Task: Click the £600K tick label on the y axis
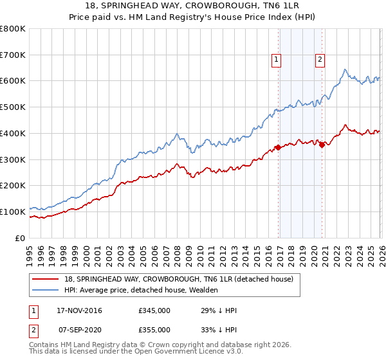(x=13, y=81)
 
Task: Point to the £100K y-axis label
(x=13, y=212)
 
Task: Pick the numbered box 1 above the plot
(x=276, y=60)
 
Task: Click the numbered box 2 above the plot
(x=320, y=60)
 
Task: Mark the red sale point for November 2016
(x=278, y=147)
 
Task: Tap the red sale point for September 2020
(x=322, y=145)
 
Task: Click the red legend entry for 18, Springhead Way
(x=178, y=279)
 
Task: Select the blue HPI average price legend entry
(x=141, y=290)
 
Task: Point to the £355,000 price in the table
(x=154, y=329)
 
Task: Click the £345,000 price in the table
(x=154, y=310)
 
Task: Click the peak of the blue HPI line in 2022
(x=345, y=69)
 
